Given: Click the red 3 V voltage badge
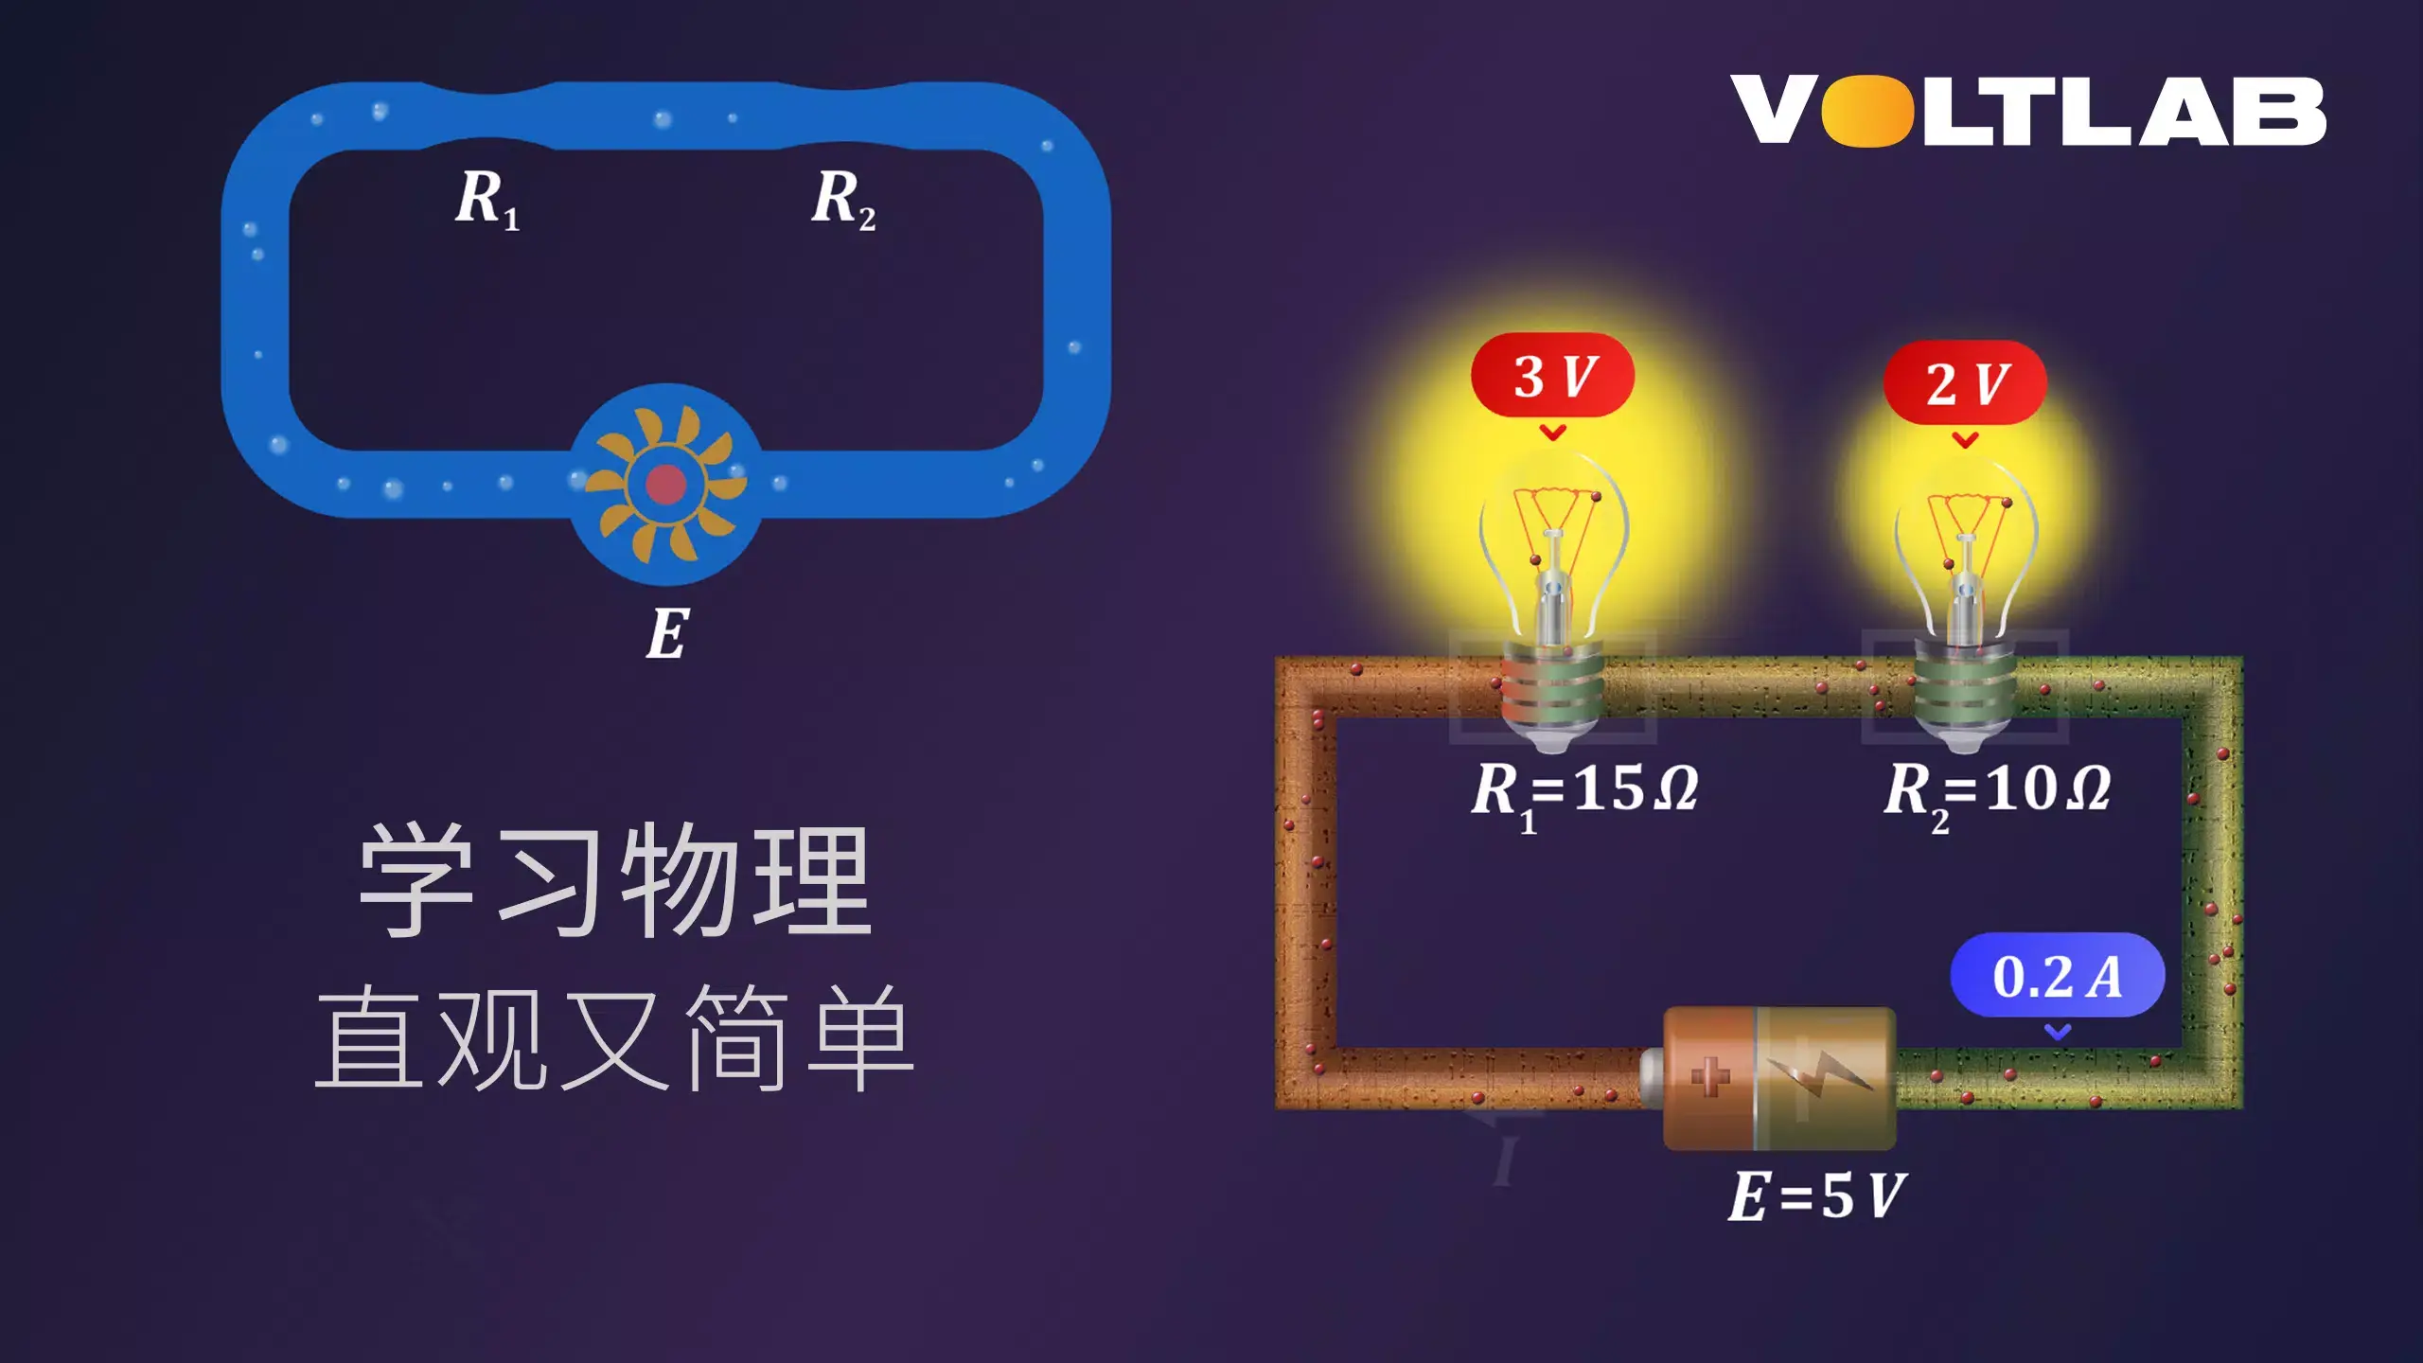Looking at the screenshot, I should pos(1552,376).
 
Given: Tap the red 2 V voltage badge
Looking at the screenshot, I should pos(1965,382).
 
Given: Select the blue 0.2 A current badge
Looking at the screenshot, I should pos(2057,976).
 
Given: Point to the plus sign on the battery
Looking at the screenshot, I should pos(1709,1076).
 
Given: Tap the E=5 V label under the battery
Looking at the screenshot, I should pos(1815,1195).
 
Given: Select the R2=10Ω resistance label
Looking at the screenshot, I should pos(1997,791).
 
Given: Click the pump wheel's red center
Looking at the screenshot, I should pos(665,484).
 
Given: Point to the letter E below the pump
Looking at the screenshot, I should pos(667,633).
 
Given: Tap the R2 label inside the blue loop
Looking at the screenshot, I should pos(843,200).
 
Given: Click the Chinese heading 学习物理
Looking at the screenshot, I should pos(614,880).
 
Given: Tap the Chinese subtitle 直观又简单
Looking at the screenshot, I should pos(614,1038).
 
